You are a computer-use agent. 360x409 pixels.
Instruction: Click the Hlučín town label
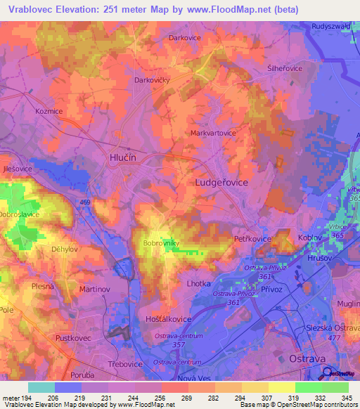coord(124,159)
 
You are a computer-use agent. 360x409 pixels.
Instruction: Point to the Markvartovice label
coord(213,132)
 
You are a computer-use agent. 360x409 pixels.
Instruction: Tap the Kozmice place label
coord(50,111)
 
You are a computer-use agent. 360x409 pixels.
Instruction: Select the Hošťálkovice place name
coord(168,319)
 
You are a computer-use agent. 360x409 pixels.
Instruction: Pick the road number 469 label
coord(85,203)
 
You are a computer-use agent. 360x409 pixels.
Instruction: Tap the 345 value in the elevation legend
coord(347,398)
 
